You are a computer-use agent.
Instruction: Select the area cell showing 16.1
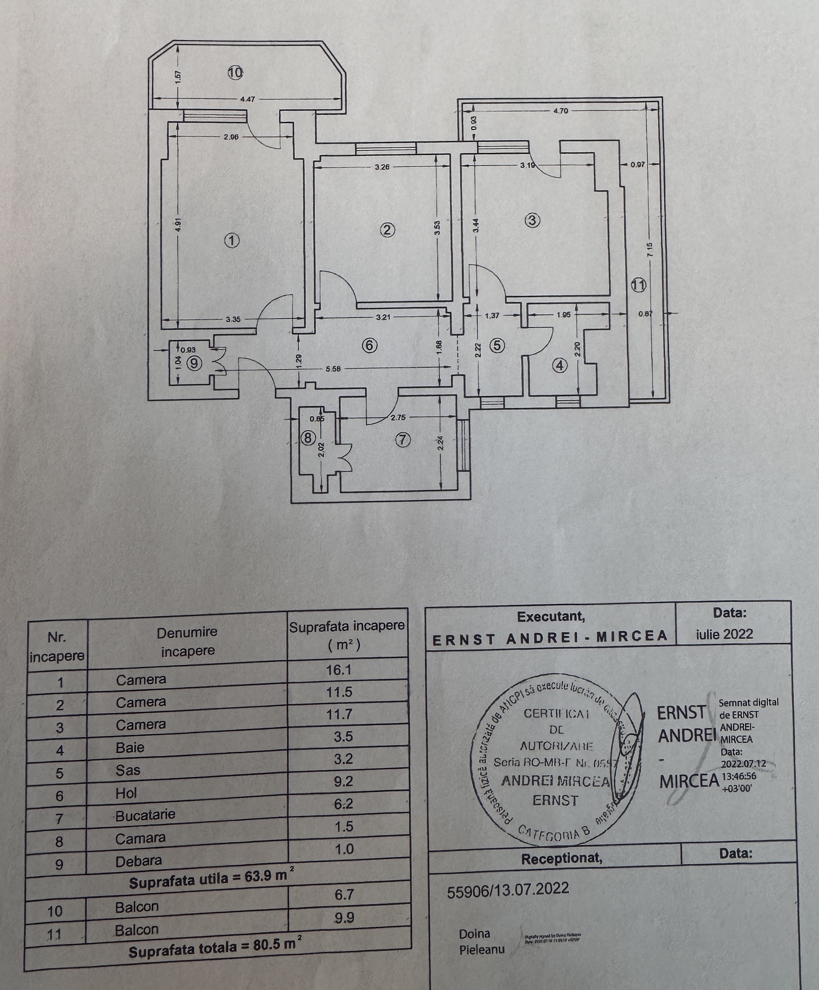(338, 670)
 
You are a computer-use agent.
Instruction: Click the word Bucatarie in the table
(145, 815)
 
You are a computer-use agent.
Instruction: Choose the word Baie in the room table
(130, 747)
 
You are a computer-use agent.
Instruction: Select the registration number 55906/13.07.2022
(508, 889)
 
